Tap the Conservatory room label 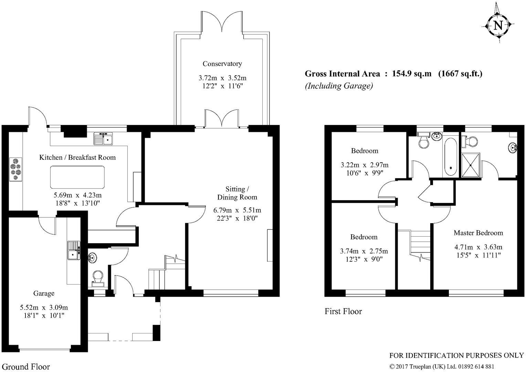[222, 64]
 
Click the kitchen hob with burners [16, 169]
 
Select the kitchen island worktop [77, 177]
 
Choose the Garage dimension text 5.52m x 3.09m [44, 307]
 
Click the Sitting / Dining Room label [237, 193]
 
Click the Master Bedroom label [478, 233]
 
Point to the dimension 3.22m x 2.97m [364, 165]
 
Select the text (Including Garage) [339, 86]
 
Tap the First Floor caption [343, 311]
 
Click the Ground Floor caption [25, 366]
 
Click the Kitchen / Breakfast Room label [77, 157]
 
